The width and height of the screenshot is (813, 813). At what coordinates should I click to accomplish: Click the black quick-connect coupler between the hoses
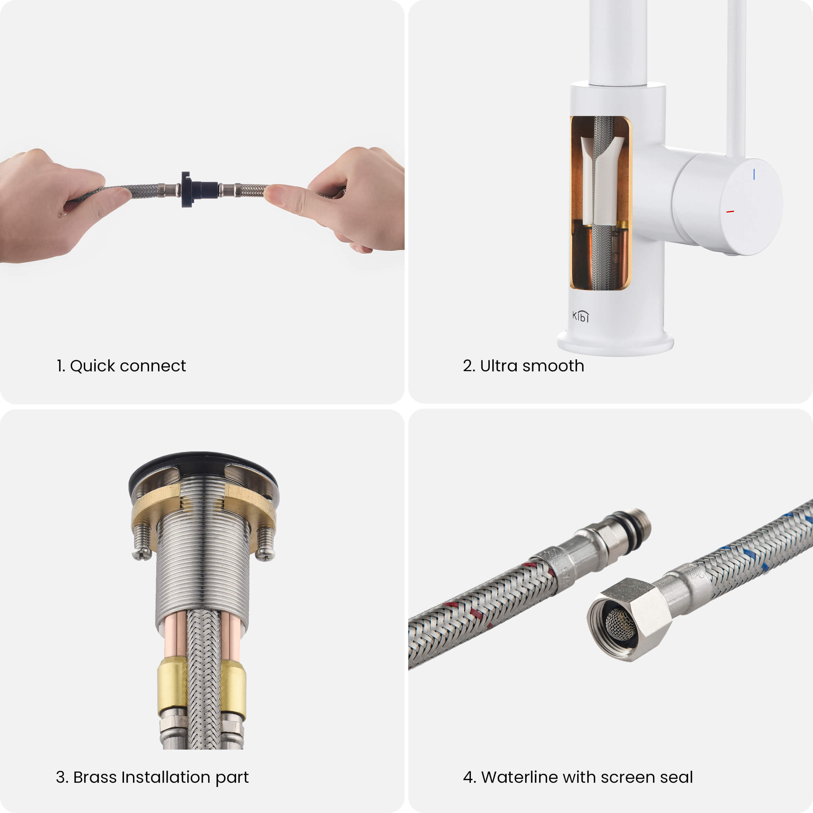(198, 190)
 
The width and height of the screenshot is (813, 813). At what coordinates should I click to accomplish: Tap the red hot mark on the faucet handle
(730, 211)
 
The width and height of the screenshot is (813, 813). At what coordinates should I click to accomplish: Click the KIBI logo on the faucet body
(581, 316)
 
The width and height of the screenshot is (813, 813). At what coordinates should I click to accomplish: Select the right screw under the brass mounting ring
(266, 543)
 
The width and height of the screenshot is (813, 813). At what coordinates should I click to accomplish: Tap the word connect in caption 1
(153, 367)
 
